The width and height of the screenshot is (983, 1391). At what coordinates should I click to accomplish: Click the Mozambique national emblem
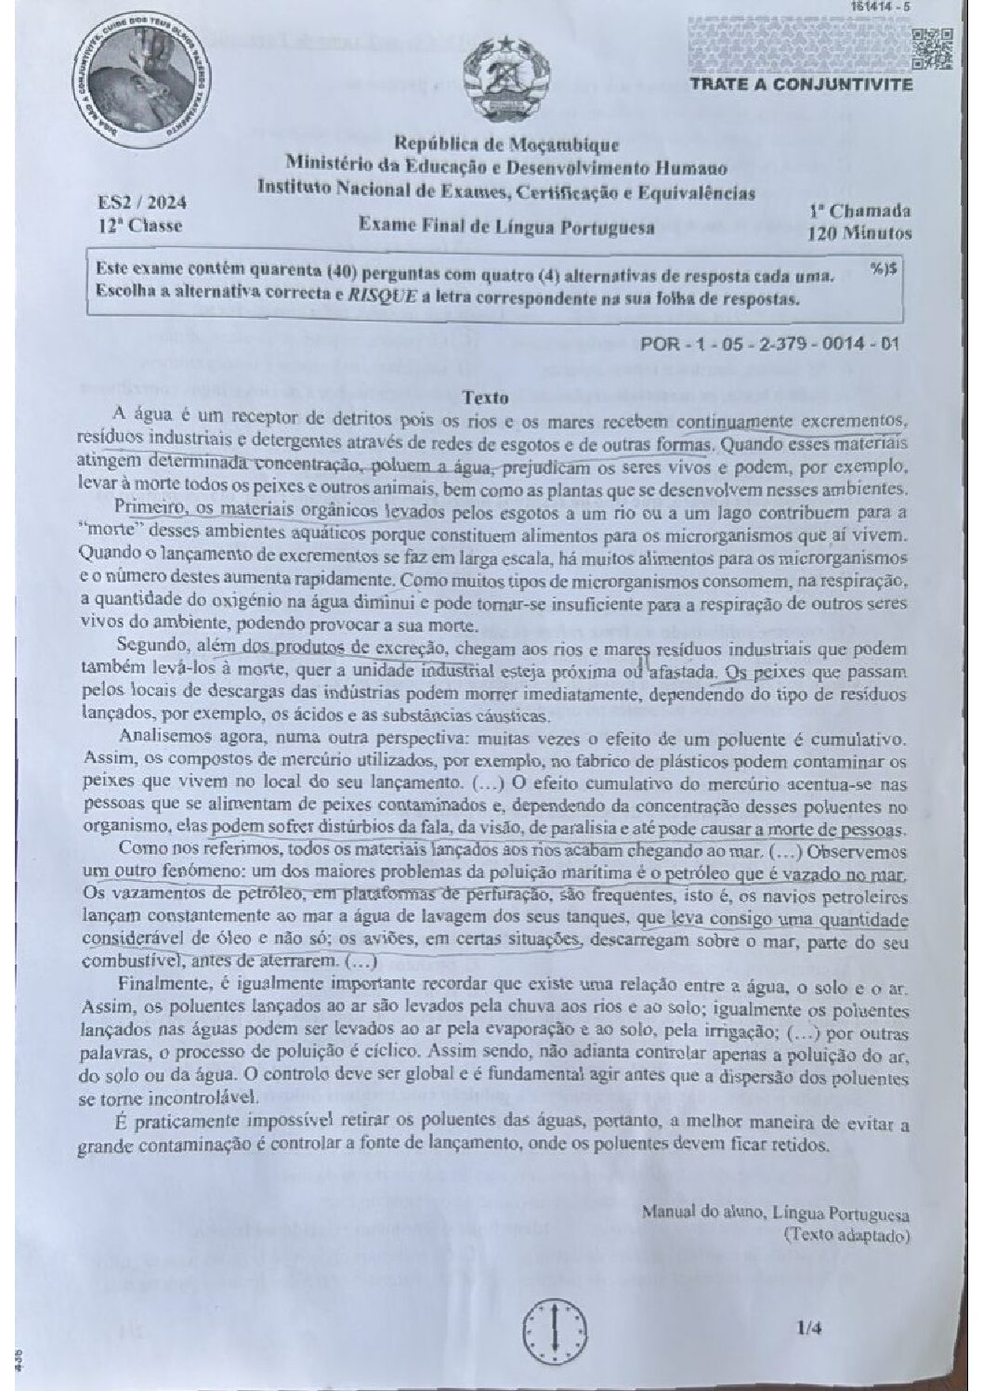tap(505, 80)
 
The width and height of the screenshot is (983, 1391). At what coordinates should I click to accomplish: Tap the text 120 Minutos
tap(859, 233)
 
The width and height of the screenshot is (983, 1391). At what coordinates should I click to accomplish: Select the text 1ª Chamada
tap(859, 211)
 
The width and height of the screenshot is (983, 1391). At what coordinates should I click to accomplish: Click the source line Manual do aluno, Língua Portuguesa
tap(775, 1213)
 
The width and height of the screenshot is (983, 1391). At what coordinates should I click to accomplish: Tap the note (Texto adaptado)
tap(845, 1235)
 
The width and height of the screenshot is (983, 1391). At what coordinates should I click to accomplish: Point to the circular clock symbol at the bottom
tap(555, 1329)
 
